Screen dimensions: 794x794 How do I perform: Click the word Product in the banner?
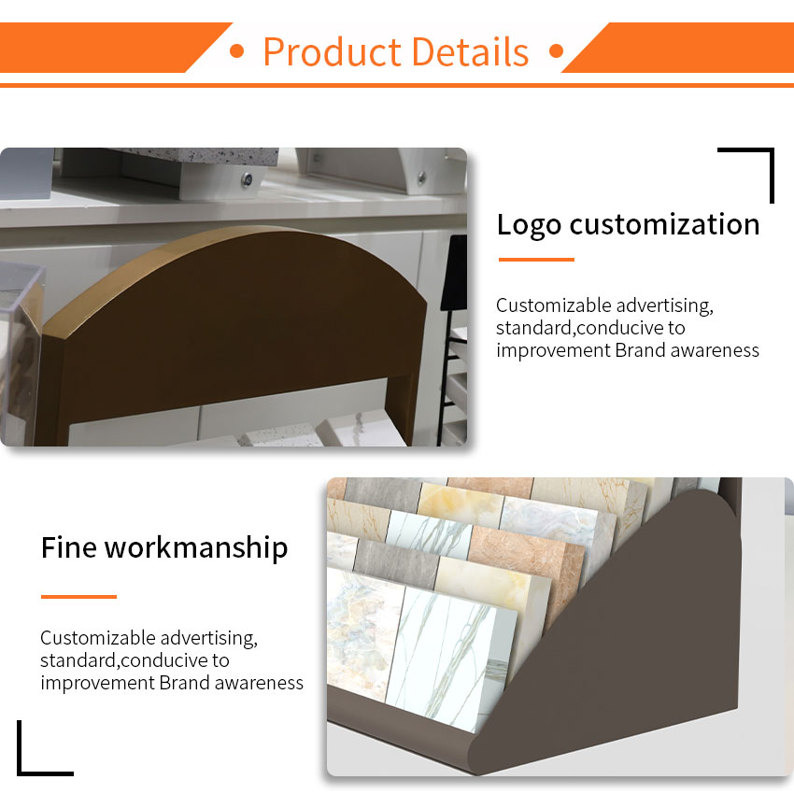tap(333, 52)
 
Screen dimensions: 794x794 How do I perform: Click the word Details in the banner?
tap(470, 52)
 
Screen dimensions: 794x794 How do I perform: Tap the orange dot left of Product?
tap(236, 51)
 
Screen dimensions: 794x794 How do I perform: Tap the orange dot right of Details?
tap(556, 51)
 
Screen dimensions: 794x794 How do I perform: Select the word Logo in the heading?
tap(529, 225)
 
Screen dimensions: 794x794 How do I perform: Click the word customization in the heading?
tap(664, 224)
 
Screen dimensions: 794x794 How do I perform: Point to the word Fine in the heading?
tap(69, 547)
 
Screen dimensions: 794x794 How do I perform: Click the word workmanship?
tap(196, 549)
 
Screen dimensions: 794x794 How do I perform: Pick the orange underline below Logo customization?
tap(536, 260)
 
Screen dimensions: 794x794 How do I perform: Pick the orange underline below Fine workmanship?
tap(79, 597)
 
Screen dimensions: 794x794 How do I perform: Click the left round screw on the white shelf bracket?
tap(248, 178)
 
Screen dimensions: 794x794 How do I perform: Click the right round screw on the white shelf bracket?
tap(421, 177)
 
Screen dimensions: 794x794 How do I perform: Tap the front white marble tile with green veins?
tap(450, 659)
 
